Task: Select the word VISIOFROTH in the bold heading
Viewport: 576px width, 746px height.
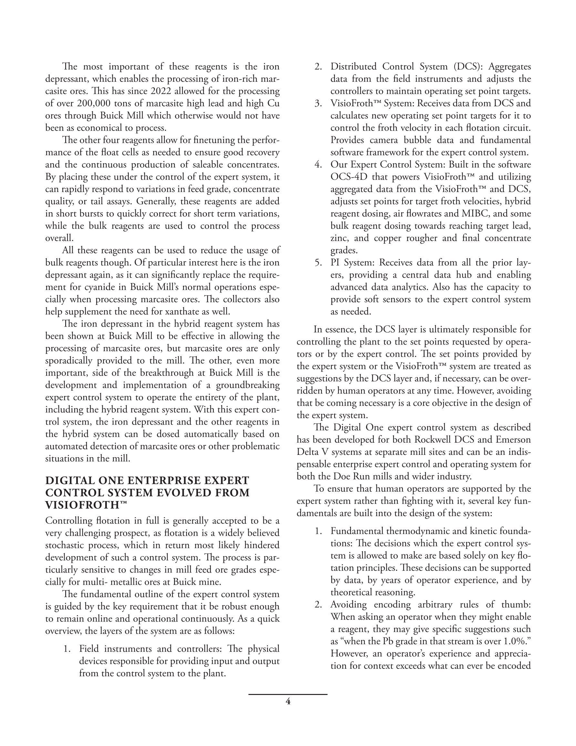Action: pyautogui.click(x=83, y=505)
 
